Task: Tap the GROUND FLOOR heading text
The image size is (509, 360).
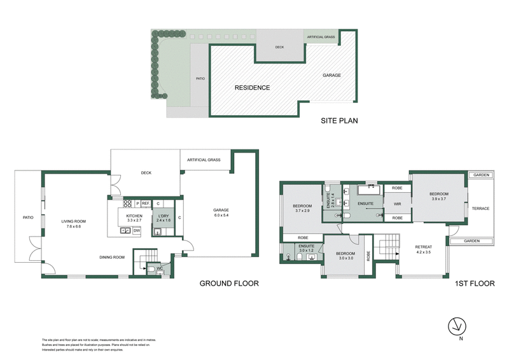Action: tap(229, 283)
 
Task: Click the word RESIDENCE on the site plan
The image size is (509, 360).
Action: tap(252, 88)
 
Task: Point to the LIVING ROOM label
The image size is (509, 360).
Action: tap(73, 221)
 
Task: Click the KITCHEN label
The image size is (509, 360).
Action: tap(134, 216)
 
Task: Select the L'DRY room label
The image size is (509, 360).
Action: tap(162, 216)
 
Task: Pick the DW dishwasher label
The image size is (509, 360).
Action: tap(136, 230)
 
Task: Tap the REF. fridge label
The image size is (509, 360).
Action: tap(146, 204)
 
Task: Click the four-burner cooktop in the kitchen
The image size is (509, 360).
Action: tap(127, 204)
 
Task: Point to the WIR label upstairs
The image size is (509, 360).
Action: tap(397, 204)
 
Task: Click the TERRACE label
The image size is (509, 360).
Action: tap(480, 208)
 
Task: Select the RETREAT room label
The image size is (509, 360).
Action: tap(423, 247)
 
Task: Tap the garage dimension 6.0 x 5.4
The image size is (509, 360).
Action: tap(221, 216)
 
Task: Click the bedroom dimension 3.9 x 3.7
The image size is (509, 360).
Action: tap(440, 199)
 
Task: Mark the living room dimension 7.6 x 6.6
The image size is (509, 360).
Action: tap(73, 226)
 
